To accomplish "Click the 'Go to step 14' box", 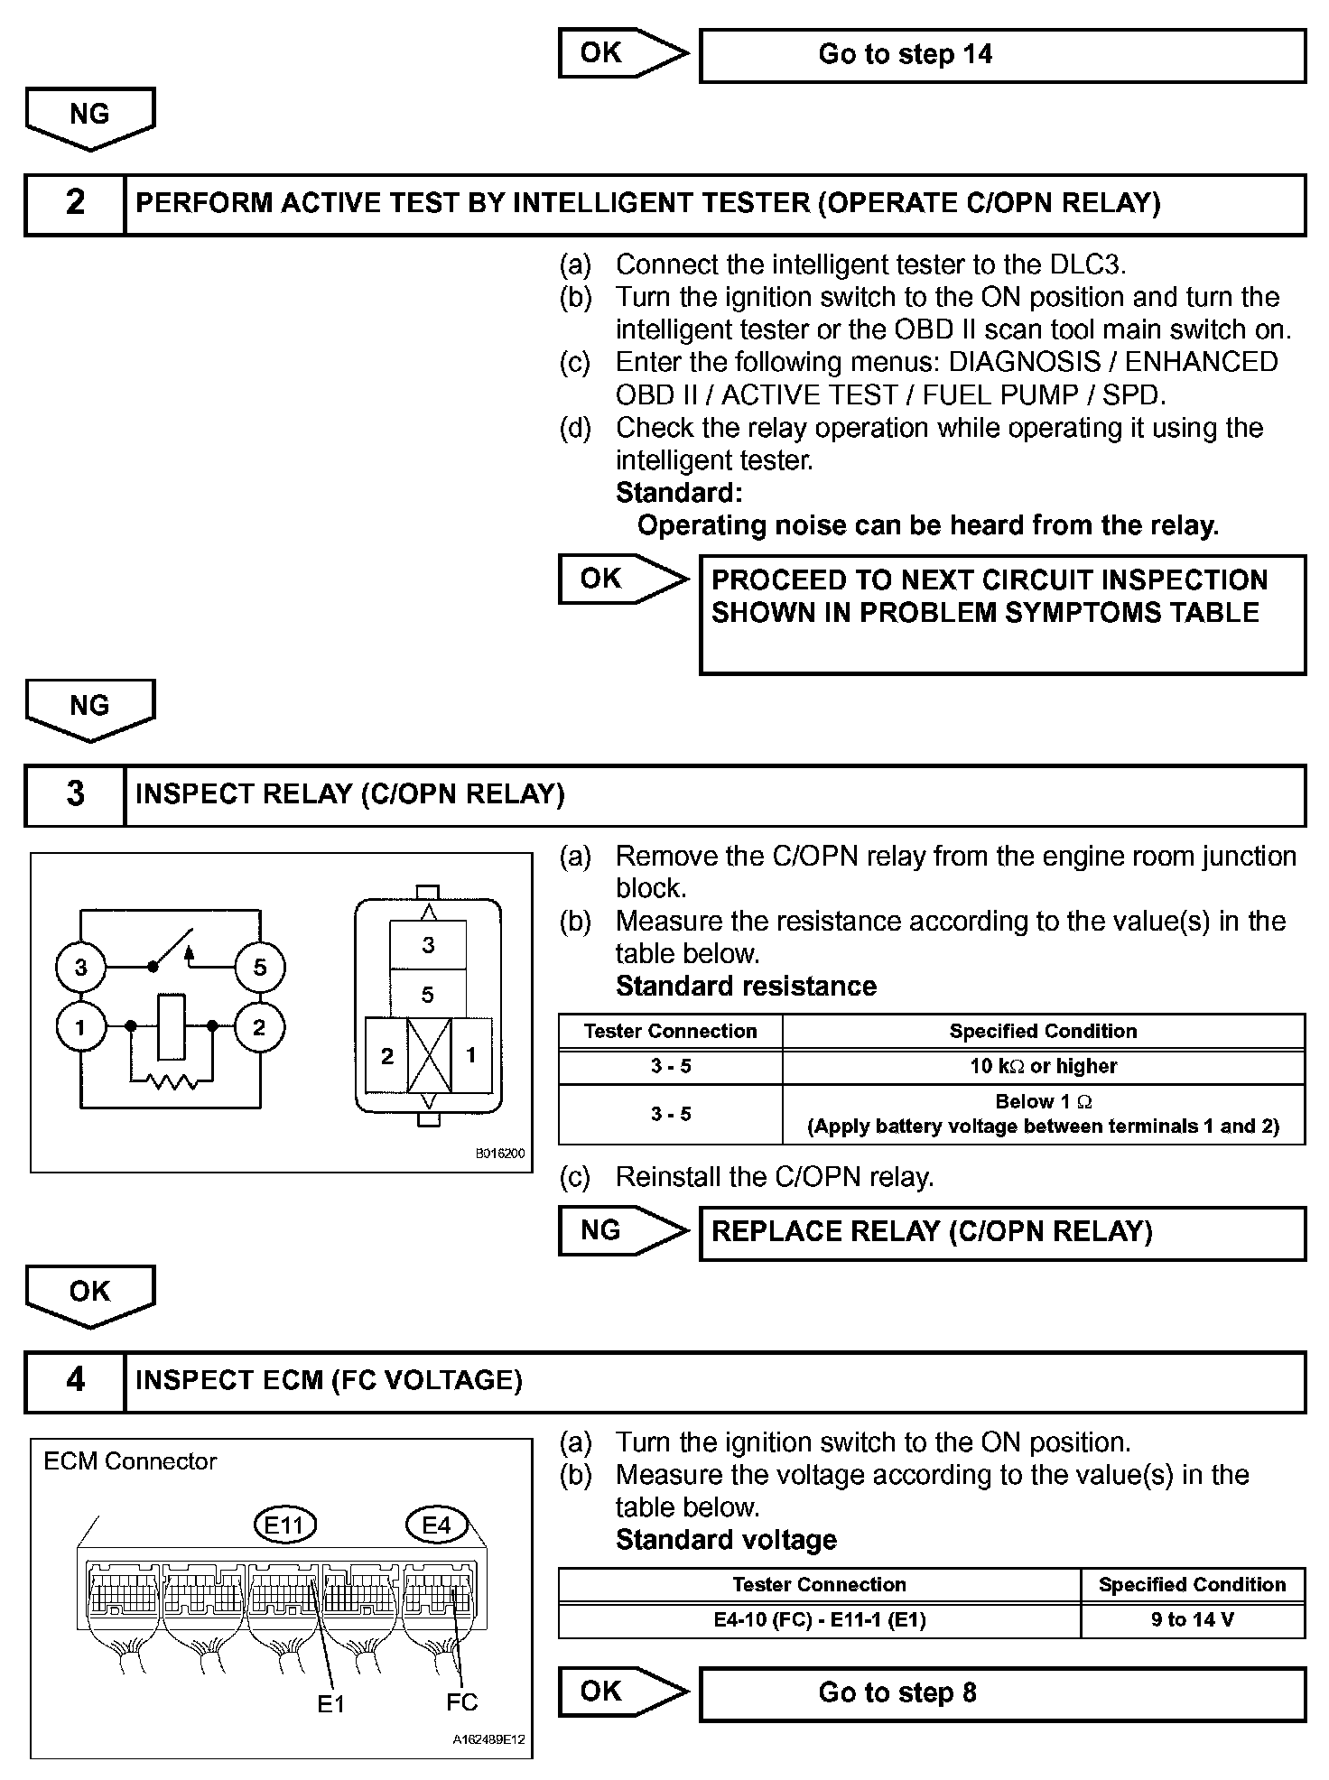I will coord(1002,56).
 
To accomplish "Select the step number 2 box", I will coord(75,204).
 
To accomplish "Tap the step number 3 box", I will coord(75,795).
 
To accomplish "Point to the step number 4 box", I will coord(75,1381).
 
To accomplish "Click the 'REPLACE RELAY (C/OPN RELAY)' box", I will coord(1002,1233).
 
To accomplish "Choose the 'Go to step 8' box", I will coord(1002,1693).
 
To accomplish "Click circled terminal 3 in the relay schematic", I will coord(80,968).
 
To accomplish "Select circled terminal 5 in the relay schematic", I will coord(259,968).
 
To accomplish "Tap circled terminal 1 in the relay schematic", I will coord(80,1027).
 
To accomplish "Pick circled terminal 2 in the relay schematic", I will coord(259,1027).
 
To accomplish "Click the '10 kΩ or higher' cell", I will coord(1043,1067).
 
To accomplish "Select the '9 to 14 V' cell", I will coord(1192,1620).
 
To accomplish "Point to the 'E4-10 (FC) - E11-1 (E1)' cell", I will coord(819,1620).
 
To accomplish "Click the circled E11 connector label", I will coord(284,1526).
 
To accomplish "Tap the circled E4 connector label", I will coord(436,1525).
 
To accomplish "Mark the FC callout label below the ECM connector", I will coord(461,1702).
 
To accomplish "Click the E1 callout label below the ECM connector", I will coord(331,1704).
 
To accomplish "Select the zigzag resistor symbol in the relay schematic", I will coord(172,1080).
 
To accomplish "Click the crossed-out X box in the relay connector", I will coord(429,1055).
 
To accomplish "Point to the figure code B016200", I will coord(499,1154).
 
